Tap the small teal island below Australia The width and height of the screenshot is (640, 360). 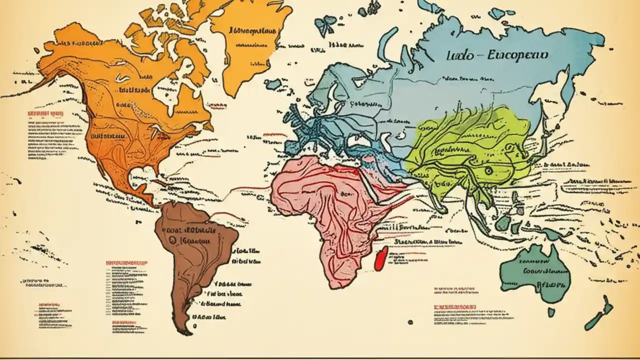551,312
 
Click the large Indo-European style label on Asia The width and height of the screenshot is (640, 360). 496,55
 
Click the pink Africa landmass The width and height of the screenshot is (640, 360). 325,210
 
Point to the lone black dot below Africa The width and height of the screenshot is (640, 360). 410,322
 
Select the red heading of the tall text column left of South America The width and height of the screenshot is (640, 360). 127,262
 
